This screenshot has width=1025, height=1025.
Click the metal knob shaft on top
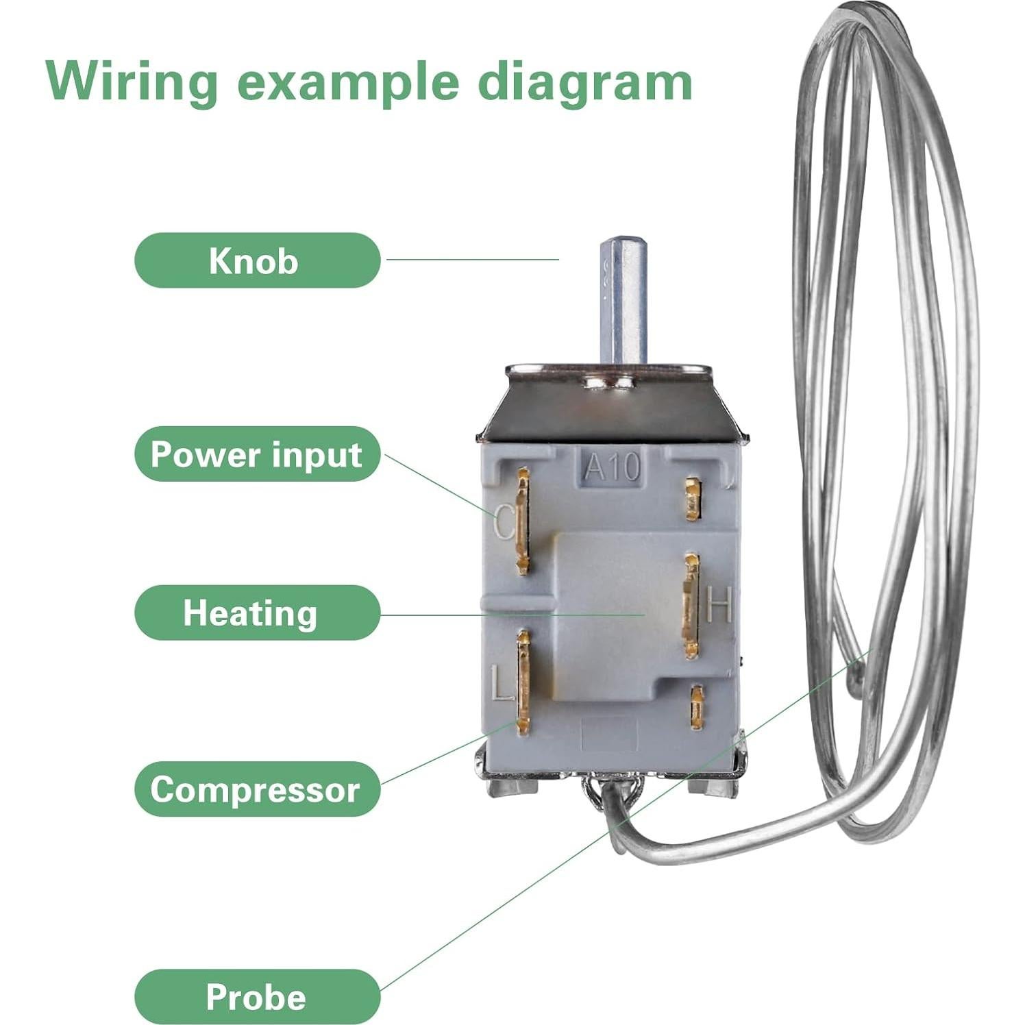[x=623, y=301]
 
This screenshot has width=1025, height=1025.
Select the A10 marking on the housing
[x=612, y=469]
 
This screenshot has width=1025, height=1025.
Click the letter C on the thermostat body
[x=504, y=523]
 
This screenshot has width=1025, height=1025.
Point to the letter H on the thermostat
[x=719, y=604]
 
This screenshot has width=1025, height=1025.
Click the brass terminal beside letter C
[x=523, y=521]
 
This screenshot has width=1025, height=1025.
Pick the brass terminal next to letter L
[x=524, y=682]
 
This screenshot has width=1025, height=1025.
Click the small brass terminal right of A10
[x=693, y=499]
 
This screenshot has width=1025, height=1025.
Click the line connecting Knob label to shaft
[x=473, y=259]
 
